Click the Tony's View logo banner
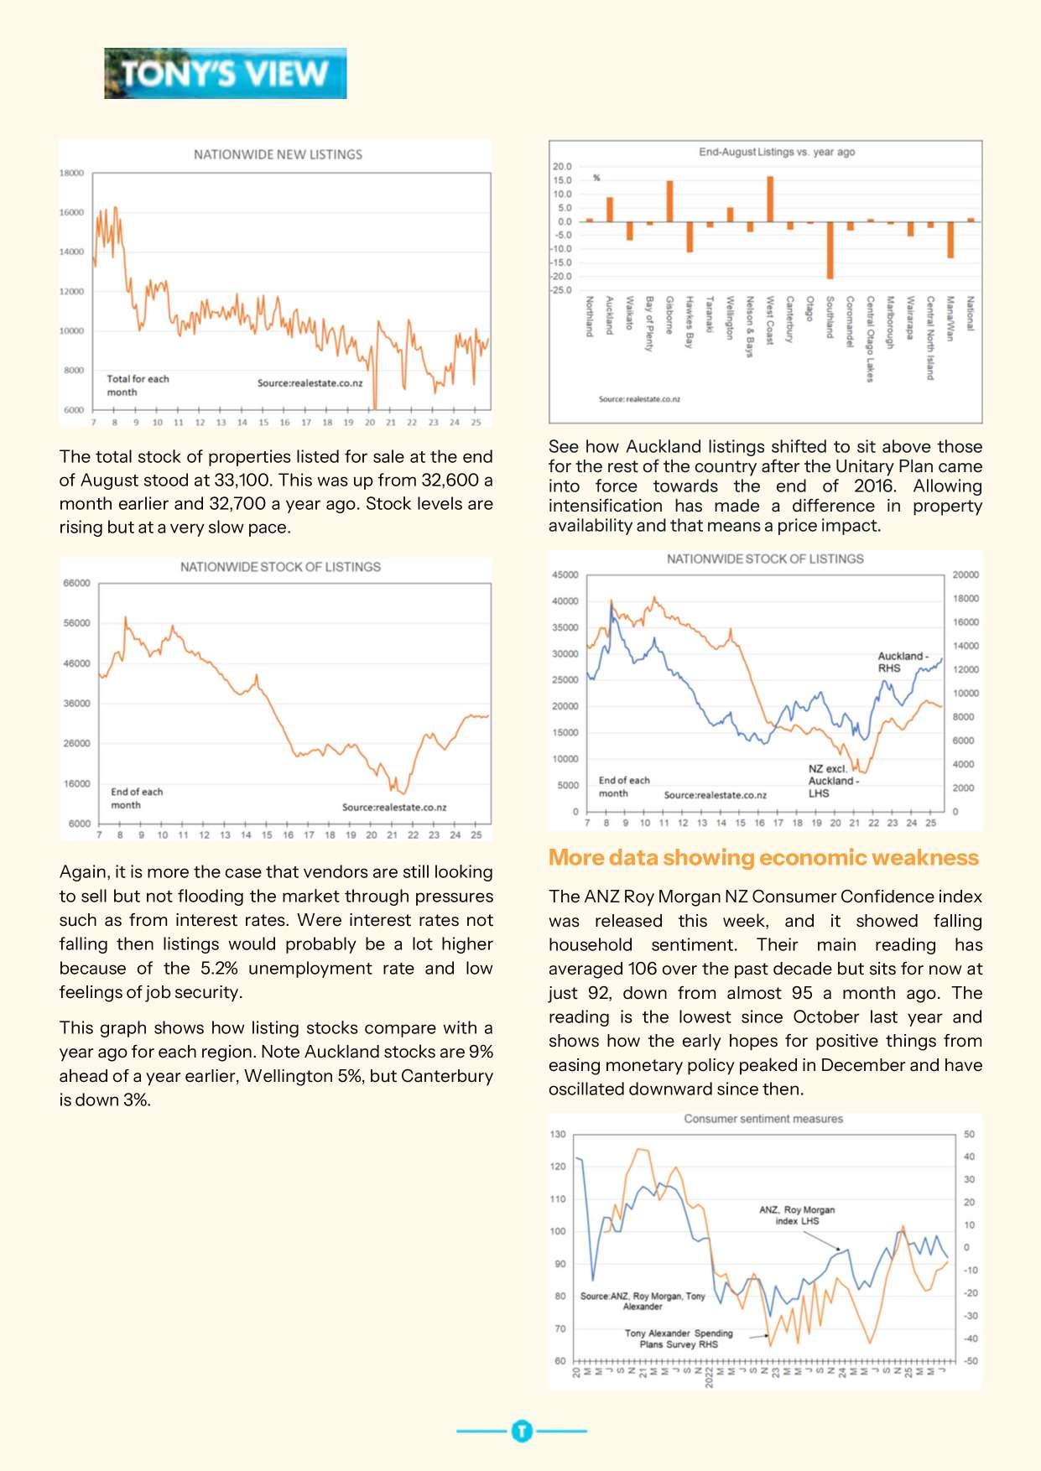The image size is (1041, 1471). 225,74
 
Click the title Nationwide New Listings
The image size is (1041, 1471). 278,154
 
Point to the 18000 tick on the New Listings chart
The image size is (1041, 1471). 71,173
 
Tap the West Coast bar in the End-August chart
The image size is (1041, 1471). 770,200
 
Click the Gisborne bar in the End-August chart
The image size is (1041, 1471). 669,201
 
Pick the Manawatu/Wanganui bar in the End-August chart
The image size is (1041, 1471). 950,240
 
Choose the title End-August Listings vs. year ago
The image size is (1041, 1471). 777,152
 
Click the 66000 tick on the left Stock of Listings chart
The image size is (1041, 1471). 77,583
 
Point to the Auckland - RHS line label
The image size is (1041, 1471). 902,662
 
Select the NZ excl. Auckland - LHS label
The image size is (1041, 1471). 832,780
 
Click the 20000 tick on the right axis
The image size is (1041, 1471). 966,574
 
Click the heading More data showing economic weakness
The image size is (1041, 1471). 763,857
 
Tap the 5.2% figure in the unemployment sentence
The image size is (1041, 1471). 219,968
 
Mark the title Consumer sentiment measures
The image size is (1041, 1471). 763,1119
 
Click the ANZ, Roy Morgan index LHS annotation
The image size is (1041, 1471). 796,1215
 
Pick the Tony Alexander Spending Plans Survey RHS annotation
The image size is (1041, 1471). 679,1338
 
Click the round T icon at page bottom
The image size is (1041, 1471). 522,1431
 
